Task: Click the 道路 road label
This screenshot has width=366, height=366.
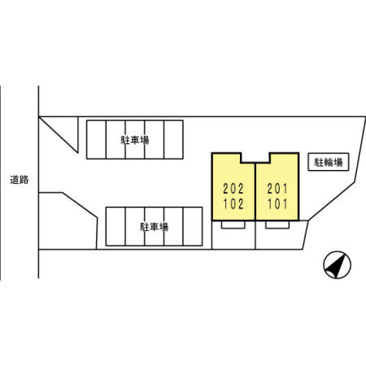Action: click(x=20, y=180)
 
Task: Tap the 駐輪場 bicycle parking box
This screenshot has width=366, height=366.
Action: click(x=328, y=162)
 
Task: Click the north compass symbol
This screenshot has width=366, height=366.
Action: click(x=337, y=264)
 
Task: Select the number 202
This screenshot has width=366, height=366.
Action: click(x=233, y=189)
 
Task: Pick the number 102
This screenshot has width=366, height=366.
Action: click(x=233, y=204)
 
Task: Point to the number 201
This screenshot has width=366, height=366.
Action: click(x=277, y=189)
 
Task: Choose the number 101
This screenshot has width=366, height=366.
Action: click(x=277, y=204)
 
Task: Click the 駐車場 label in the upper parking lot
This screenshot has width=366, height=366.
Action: click(x=135, y=140)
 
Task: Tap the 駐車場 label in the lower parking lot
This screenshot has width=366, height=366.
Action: click(x=154, y=227)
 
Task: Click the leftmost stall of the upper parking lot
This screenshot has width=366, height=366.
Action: click(x=96, y=139)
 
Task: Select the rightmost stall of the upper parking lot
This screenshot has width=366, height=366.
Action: click(x=173, y=139)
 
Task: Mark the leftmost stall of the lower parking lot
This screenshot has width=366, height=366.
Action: click(x=115, y=226)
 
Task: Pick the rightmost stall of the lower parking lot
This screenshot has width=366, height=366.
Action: click(x=193, y=226)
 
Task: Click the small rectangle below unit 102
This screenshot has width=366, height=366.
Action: click(x=233, y=224)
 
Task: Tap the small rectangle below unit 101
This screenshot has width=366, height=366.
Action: click(x=277, y=224)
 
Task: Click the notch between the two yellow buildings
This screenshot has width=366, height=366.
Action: click(x=255, y=158)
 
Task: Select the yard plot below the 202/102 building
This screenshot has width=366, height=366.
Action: click(x=233, y=235)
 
